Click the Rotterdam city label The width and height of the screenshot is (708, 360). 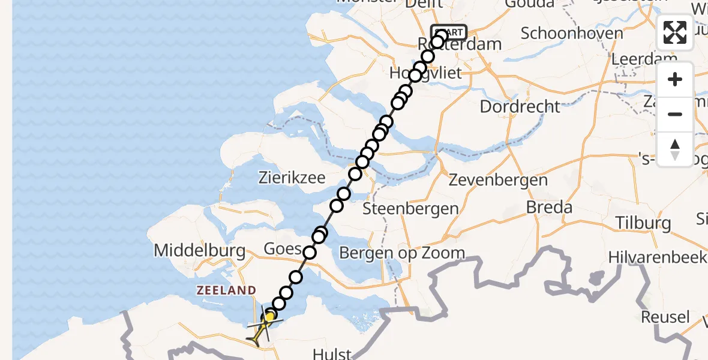[x=451, y=45]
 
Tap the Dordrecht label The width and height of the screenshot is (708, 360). [x=520, y=107]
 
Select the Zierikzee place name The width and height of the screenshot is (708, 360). [x=292, y=178]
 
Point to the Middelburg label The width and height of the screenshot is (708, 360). [x=200, y=250]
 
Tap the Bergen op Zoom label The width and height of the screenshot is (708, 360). [x=401, y=253]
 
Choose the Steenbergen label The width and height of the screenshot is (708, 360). [x=410, y=209]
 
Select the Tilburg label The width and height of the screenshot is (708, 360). [x=643, y=223]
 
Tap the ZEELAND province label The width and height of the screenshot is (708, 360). [x=226, y=290]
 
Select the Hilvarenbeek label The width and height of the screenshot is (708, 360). [x=658, y=257]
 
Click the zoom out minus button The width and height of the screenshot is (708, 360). [x=675, y=114]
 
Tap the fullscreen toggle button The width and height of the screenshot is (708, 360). [x=675, y=32]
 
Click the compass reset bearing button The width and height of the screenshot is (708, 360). [x=675, y=149]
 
